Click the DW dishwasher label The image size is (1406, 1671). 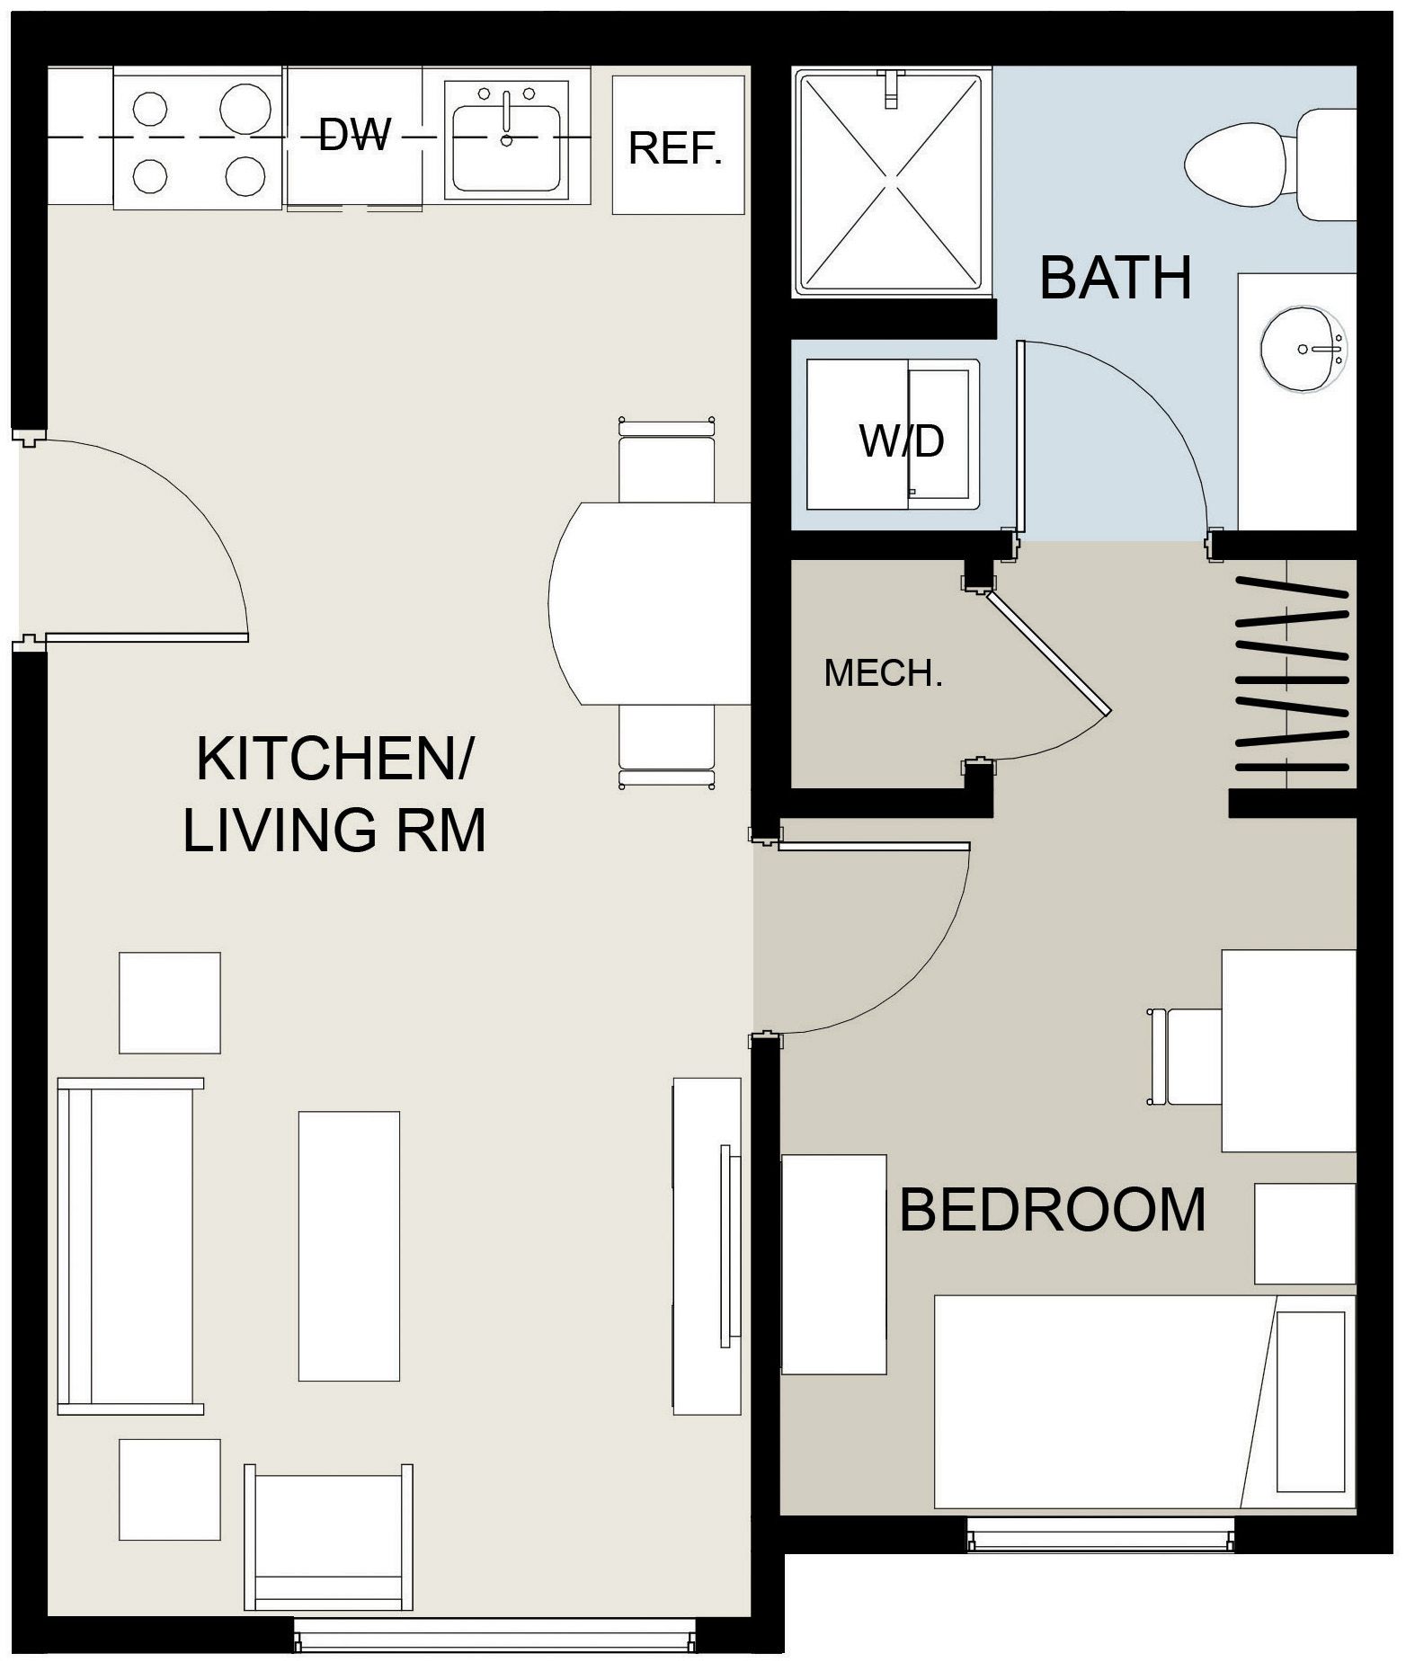point(355,135)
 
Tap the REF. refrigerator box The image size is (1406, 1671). point(676,148)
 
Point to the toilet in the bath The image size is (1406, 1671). point(1250,164)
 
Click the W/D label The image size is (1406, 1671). point(902,441)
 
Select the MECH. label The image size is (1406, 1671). point(883,673)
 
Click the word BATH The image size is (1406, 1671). point(1115,279)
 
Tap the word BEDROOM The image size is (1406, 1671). point(1052,1210)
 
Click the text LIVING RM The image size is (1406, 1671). point(334,830)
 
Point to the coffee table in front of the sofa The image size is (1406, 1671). point(349,1245)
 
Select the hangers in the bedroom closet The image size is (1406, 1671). point(1293,674)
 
